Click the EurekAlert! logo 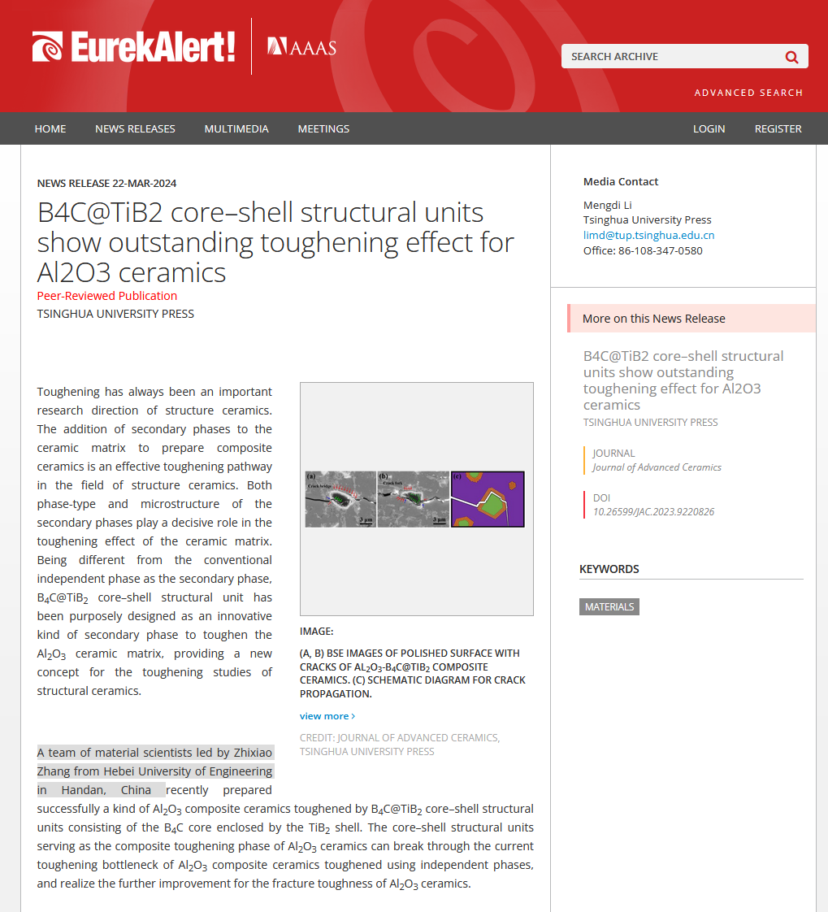[134, 47]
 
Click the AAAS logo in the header [301, 46]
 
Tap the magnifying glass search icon [791, 57]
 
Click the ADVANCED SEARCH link [748, 93]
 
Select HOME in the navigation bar [50, 128]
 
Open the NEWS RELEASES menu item [135, 128]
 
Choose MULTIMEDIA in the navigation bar [236, 128]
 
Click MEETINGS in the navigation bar [323, 128]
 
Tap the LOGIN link [709, 128]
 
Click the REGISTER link [778, 128]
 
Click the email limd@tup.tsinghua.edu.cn [648, 235]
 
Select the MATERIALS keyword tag [609, 606]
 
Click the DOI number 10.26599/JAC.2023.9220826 [653, 512]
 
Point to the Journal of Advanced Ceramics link [657, 467]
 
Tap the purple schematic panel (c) [488, 499]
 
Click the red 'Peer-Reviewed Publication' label [107, 296]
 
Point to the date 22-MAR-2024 [145, 183]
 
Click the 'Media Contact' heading [621, 181]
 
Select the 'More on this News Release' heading [653, 319]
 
